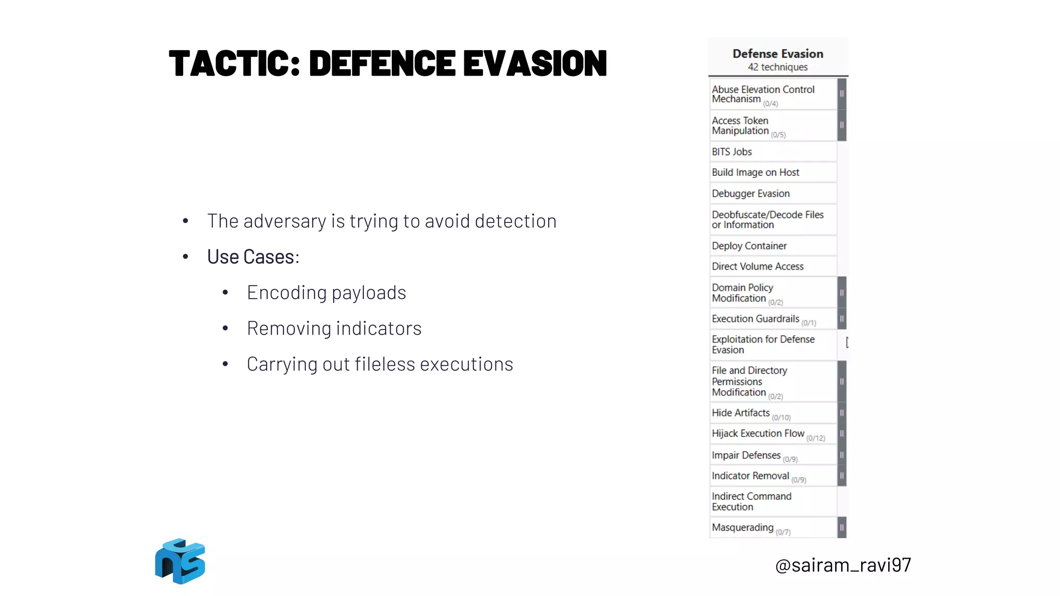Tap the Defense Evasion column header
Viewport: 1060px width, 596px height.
[x=777, y=54]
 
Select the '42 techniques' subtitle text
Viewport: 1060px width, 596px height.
[x=777, y=67]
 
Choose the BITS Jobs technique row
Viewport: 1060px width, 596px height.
[x=732, y=152]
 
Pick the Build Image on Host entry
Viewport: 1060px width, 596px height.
[x=755, y=173]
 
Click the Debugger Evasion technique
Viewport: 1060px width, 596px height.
[x=750, y=193]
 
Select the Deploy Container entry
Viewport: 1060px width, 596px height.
[x=749, y=246]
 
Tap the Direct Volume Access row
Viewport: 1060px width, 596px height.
[x=757, y=266]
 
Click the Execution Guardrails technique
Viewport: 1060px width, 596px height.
[x=755, y=319]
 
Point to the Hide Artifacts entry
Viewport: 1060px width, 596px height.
[x=741, y=413]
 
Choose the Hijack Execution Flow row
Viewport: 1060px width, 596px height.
[x=758, y=434]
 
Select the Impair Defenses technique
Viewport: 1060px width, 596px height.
[x=746, y=455]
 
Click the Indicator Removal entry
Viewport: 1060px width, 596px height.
[x=750, y=476]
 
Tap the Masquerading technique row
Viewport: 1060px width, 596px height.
[x=742, y=528]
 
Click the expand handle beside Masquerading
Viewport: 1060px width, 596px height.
[x=842, y=528]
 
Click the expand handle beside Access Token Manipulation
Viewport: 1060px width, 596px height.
[x=842, y=125]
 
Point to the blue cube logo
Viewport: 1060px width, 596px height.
[x=180, y=561]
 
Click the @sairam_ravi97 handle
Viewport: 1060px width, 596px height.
[x=843, y=565]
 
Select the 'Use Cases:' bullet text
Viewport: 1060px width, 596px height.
[x=253, y=257]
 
